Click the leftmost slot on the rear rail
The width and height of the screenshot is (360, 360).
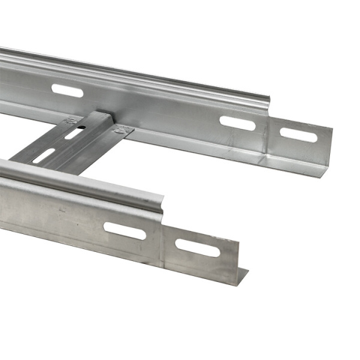[x=67, y=91]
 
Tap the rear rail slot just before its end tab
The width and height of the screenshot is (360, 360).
[x=238, y=122]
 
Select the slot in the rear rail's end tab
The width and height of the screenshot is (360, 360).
[x=298, y=135]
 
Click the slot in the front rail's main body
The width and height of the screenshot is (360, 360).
[x=125, y=231]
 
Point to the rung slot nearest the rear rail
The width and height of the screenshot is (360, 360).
[x=74, y=133]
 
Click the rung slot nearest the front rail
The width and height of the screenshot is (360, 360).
[x=43, y=157]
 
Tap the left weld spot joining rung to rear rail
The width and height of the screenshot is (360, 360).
[x=73, y=120]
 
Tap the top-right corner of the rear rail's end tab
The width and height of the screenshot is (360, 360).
[x=332, y=128]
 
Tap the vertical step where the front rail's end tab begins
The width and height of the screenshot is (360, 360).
[x=163, y=240]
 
